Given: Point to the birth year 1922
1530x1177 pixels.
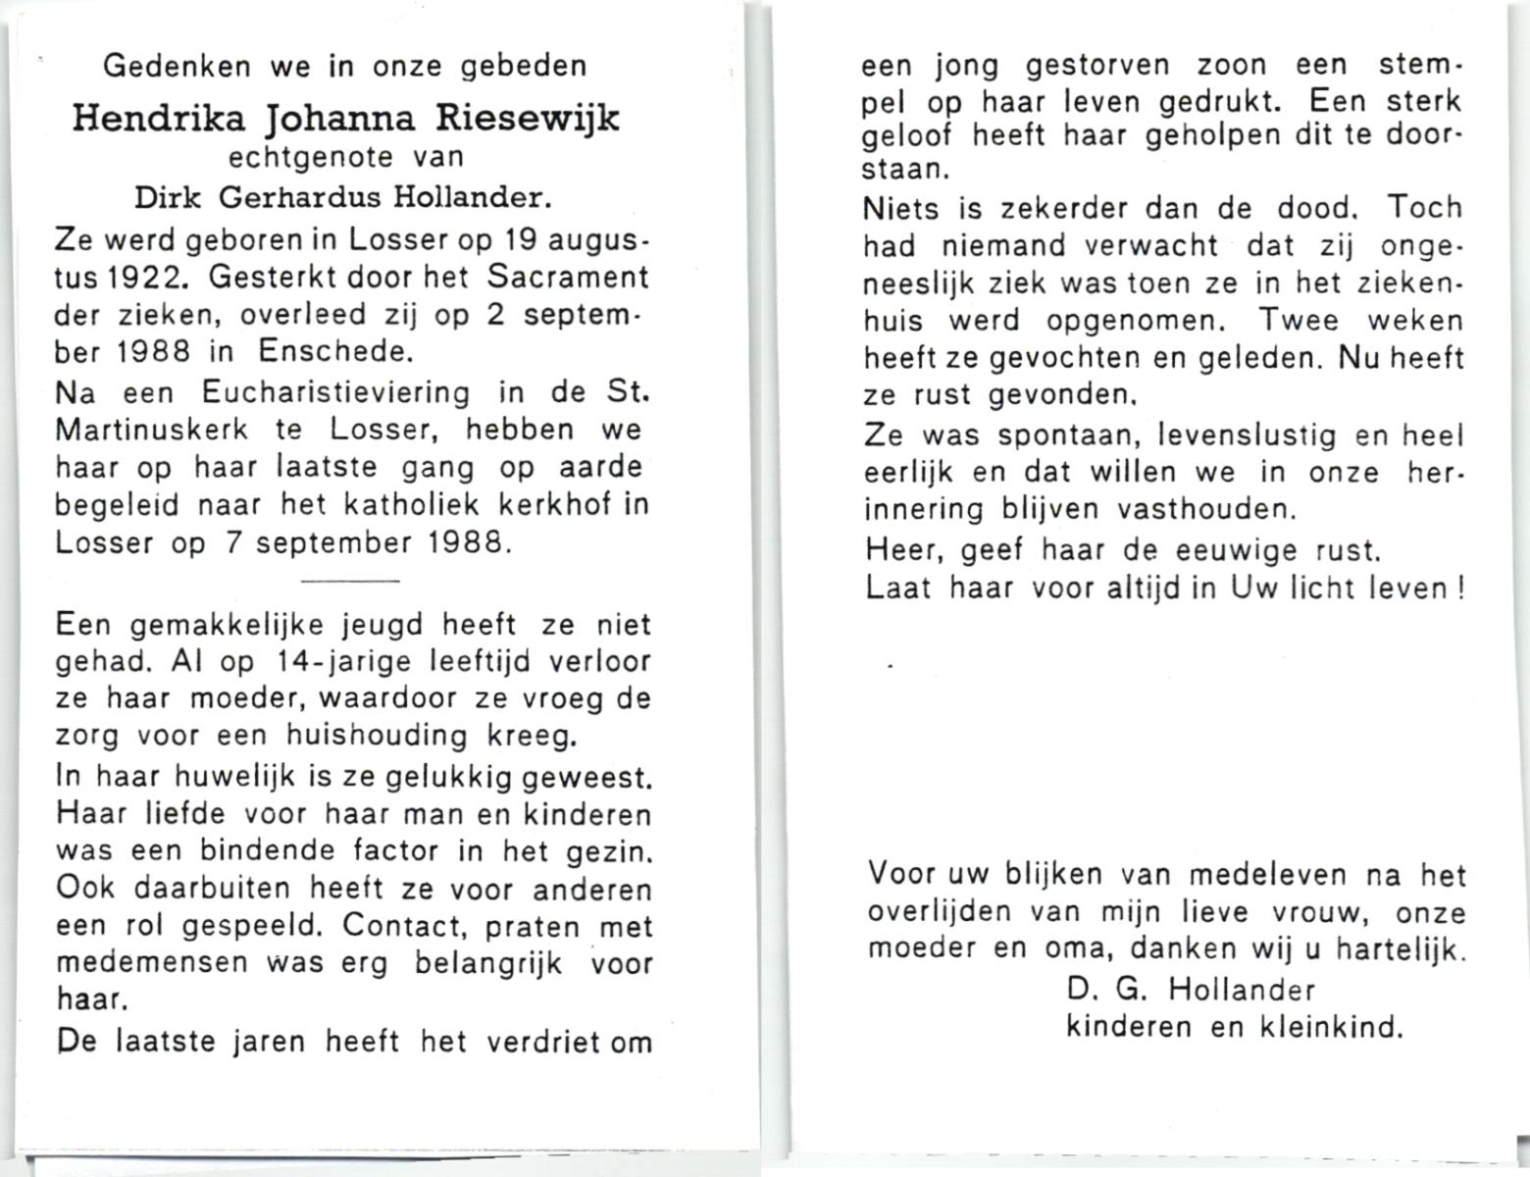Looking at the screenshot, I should pos(141,278).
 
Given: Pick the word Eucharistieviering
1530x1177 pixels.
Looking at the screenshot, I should pos(335,392).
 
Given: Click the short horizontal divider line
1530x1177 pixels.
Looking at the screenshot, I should pos(350,581).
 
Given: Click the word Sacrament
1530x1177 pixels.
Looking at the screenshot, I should pos(568,278).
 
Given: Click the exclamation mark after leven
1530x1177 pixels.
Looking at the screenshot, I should pos(1460,588).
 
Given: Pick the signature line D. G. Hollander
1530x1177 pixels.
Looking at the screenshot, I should pos(1191,990).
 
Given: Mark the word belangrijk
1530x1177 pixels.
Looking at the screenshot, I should pos(487,963).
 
